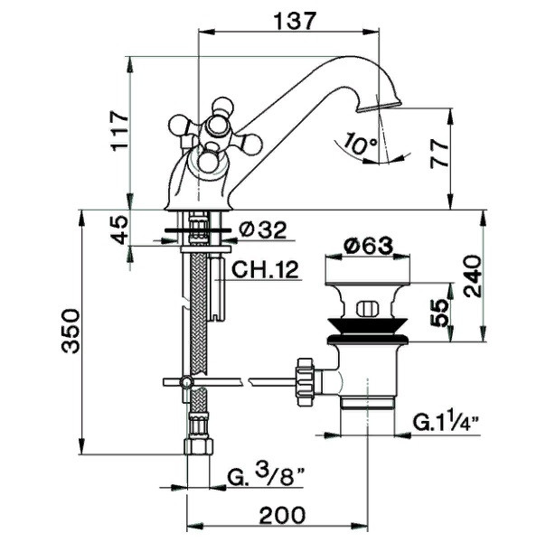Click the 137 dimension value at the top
[295, 21]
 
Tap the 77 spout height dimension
[439, 154]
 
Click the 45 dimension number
[118, 229]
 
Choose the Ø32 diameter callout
[264, 229]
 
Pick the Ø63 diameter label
[368, 246]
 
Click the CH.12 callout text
[266, 269]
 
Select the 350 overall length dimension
[71, 331]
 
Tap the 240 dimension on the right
[473, 276]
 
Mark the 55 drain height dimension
[438, 313]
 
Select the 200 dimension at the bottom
[282, 515]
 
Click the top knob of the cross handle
[222, 105]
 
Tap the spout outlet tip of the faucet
[379, 106]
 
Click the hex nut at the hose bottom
[198, 445]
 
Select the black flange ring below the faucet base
[197, 230]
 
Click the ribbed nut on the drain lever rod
[306, 381]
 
